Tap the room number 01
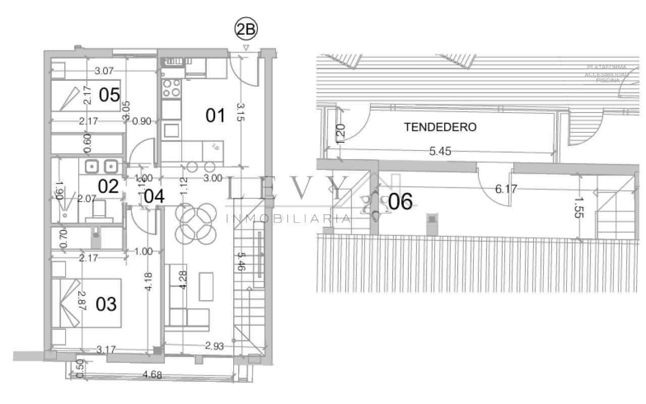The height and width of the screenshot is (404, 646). click(x=215, y=116)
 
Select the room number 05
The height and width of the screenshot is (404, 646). click(x=109, y=94)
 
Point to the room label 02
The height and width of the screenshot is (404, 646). click(x=109, y=186)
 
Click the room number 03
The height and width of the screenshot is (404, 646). click(x=106, y=304)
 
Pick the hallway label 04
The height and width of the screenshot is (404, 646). click(x=153, y=196)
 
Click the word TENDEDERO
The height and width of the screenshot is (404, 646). click(x=440, y=127)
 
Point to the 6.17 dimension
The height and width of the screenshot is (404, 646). click(x=506, y=189)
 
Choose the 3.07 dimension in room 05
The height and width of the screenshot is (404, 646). click(x=104, y=71)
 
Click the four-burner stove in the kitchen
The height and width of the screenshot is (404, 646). click(x=171, y=88)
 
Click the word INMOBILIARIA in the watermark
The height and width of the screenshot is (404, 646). click(x=287, y=219)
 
